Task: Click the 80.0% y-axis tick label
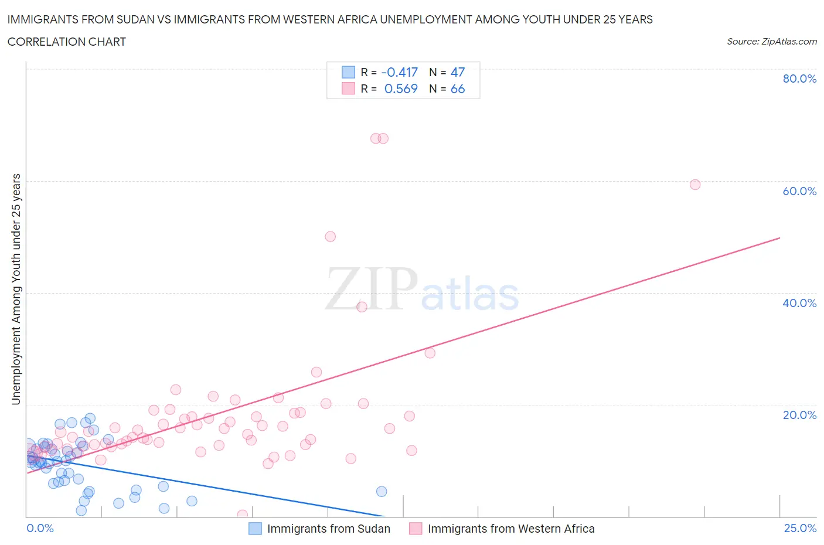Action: [x=799, y=79]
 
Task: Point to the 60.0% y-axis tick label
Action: [x=799, y=191]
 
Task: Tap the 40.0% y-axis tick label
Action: [x=799, y=303]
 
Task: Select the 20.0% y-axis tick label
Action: [x=799, y=415]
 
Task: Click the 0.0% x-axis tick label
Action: [x=40, y=528]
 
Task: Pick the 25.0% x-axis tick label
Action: [x=800, y=528]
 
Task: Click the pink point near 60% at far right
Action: [x=695, y=185]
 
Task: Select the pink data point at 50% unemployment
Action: [x=330, y=237]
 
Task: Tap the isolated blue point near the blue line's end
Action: [x=382, y=492]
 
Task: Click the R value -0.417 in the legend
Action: [x=399, y=72]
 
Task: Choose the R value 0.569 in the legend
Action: [x=401, y=88]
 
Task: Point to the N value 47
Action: [x=457, y=72]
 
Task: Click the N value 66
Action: [x=457, y=88]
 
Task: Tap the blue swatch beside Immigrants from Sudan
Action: [x=255, y=529]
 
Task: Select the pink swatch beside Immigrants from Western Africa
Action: [x=416, y=529]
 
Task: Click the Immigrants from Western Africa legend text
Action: [x=511, y=529]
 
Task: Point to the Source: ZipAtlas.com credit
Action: [x=771, y=41]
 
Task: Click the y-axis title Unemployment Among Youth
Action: [x=16, y=289]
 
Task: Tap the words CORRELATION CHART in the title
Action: [x=67, y=42]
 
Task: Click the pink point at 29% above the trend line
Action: [x=430, y=353]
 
